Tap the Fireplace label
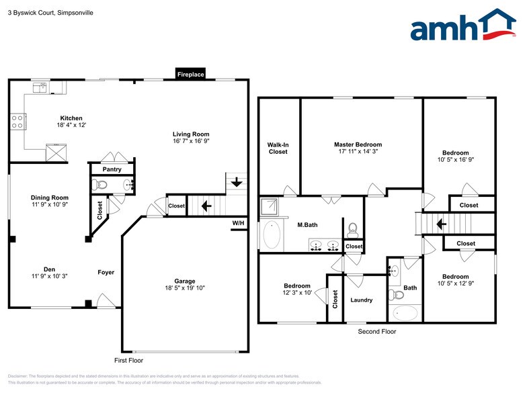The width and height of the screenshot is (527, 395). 190,75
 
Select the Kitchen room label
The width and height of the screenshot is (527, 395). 71,118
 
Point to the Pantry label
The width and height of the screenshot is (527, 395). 112,169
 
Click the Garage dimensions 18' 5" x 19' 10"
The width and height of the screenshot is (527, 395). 185,288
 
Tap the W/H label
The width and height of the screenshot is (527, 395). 238,223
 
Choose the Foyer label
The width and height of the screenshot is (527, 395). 106,272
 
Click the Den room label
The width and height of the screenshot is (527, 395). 49,269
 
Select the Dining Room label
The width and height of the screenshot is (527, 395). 49,197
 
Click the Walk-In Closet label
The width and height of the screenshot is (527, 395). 278,147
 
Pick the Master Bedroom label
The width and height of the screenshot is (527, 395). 358,144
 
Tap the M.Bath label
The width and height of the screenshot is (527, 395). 307,225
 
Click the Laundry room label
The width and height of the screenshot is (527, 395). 361,300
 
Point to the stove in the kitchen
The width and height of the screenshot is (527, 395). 17,122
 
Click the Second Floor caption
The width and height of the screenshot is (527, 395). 377,331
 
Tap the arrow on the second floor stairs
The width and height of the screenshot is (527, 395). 441,224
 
